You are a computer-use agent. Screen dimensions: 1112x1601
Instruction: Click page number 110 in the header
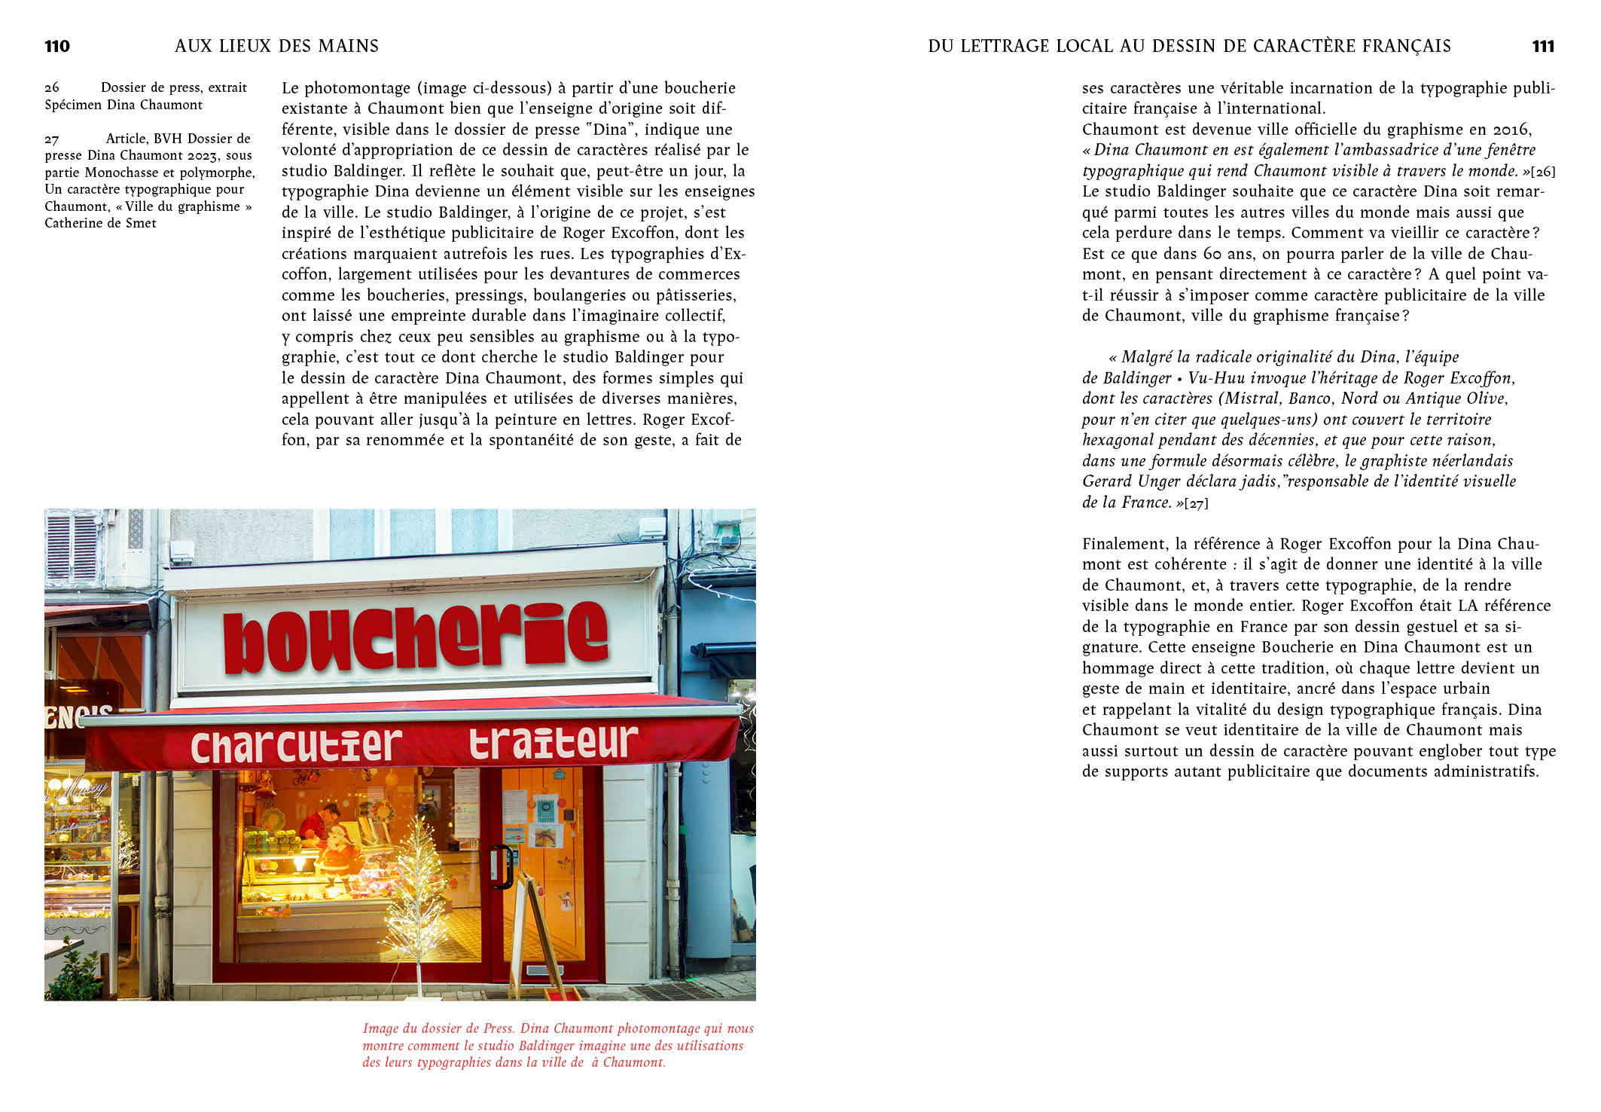coord(57,47)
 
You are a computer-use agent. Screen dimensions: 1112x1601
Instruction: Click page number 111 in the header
coord(1543,47)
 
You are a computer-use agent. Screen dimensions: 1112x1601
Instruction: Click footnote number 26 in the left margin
coord(51,88)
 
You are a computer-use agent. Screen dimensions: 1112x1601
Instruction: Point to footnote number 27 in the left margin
coord(51,139)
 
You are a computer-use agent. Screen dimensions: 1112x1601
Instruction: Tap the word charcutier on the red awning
coord(296,745)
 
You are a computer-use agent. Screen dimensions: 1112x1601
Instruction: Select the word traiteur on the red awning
coord(553,742)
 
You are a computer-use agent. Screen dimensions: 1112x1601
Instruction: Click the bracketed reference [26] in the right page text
coord(1543,172)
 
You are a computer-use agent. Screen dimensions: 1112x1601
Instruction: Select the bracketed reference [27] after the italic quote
coord(1196,503)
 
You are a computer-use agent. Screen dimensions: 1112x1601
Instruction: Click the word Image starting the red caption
coord(381,1028)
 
